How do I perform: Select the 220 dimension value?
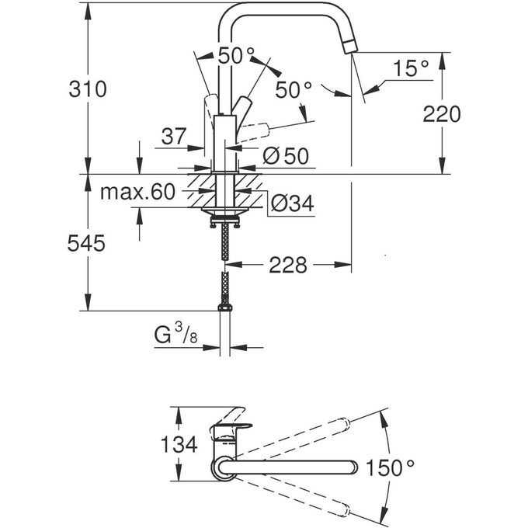click(x=443, y=114)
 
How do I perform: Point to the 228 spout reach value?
click(x=287, y=266)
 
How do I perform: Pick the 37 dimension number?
click(x=174, y=137)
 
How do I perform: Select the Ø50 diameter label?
click(x=285, y=155)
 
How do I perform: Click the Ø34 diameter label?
click(x=291, y=203)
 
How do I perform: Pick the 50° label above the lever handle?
click(x=235, y=56)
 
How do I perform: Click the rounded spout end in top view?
click(x=353, y=466)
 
